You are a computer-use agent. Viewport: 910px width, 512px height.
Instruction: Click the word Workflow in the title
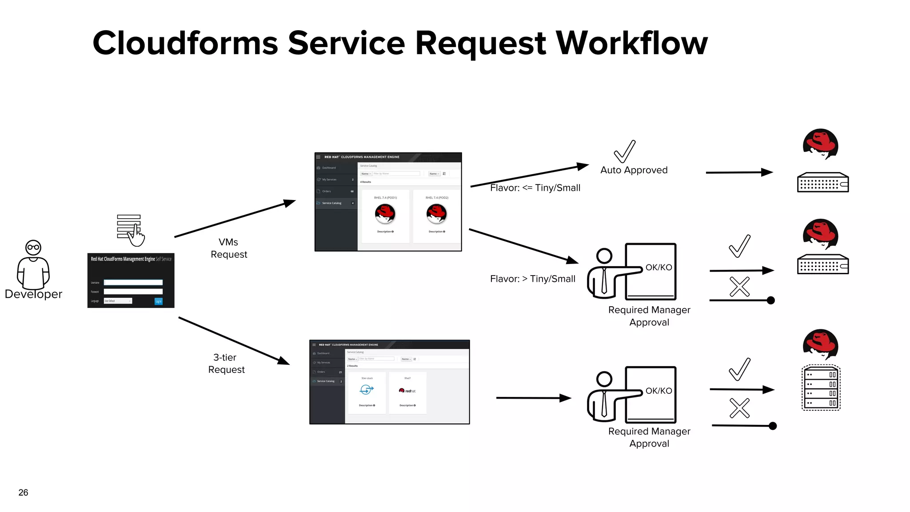[631, 44]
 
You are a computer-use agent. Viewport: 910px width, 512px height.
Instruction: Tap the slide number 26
[23, 492]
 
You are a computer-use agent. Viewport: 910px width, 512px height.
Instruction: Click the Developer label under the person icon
[33, 294]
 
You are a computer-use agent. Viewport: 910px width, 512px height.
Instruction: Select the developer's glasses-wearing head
[33, 248]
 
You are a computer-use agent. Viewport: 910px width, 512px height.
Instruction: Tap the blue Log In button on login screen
[158, 301]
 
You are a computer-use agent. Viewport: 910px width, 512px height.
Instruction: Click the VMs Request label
[229, 248]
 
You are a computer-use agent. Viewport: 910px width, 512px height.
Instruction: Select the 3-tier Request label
[226, 364]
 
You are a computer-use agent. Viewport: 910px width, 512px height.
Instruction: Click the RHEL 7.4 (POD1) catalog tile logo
[385, 214]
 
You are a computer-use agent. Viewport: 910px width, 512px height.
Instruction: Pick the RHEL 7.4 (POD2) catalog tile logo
[436, 214]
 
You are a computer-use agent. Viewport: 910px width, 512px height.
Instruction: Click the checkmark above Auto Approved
[625, 152]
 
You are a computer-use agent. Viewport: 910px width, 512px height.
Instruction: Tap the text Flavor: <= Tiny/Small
[535, 188]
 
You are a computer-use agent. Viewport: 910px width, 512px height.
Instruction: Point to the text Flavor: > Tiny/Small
[532, 279]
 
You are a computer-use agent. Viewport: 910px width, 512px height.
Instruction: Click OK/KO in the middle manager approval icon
[659, 268]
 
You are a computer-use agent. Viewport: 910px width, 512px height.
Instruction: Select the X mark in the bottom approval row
[739, 408]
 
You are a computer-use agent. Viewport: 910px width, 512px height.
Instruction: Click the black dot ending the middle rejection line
[771, 300]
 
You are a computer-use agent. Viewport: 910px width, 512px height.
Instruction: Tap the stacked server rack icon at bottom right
[821, 388]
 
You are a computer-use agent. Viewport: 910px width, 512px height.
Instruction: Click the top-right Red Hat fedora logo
[820, 144]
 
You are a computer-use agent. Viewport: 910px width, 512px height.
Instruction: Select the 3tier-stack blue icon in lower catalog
[367, 390]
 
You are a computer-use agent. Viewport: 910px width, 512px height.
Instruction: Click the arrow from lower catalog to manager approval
[533, 398]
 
